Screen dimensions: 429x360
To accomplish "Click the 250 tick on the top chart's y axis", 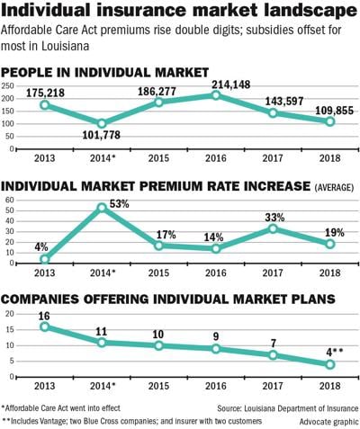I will [9, 85].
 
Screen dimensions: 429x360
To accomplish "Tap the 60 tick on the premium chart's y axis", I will [11, 200].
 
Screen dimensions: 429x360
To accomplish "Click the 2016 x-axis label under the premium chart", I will [216, 273].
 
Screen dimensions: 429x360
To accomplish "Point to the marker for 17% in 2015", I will [159, 246].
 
